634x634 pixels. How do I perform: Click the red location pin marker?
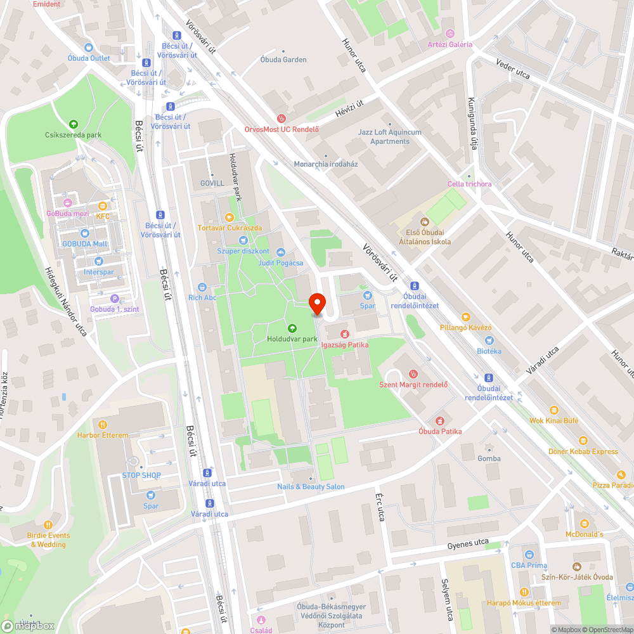click(x=317, y=303)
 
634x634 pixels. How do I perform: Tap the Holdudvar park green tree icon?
click(x=292, y=328)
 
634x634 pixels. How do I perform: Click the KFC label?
click(x=103, y=216)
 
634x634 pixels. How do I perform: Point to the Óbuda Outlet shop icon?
click(x=89, y=48)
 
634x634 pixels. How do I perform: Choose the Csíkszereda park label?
click(x=73, y=135)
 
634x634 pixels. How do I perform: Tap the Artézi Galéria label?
click(x=450, y=44)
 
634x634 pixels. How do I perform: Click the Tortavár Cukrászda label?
click(x=230, y=228)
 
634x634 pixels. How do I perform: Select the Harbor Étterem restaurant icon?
click(x=103, y=424)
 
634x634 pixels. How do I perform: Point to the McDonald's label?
click(x=585, y=534)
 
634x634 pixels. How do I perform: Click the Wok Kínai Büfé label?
click(x=553, y=420)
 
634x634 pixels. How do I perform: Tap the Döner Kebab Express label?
click(x=583, y=451)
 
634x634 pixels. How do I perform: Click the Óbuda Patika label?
click(x=440, y=432)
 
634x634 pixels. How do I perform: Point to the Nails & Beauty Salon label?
click(x=311, y=486)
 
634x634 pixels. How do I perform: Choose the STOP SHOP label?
click(x=141, y=475)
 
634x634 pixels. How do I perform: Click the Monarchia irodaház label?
click(x=326, y=164)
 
